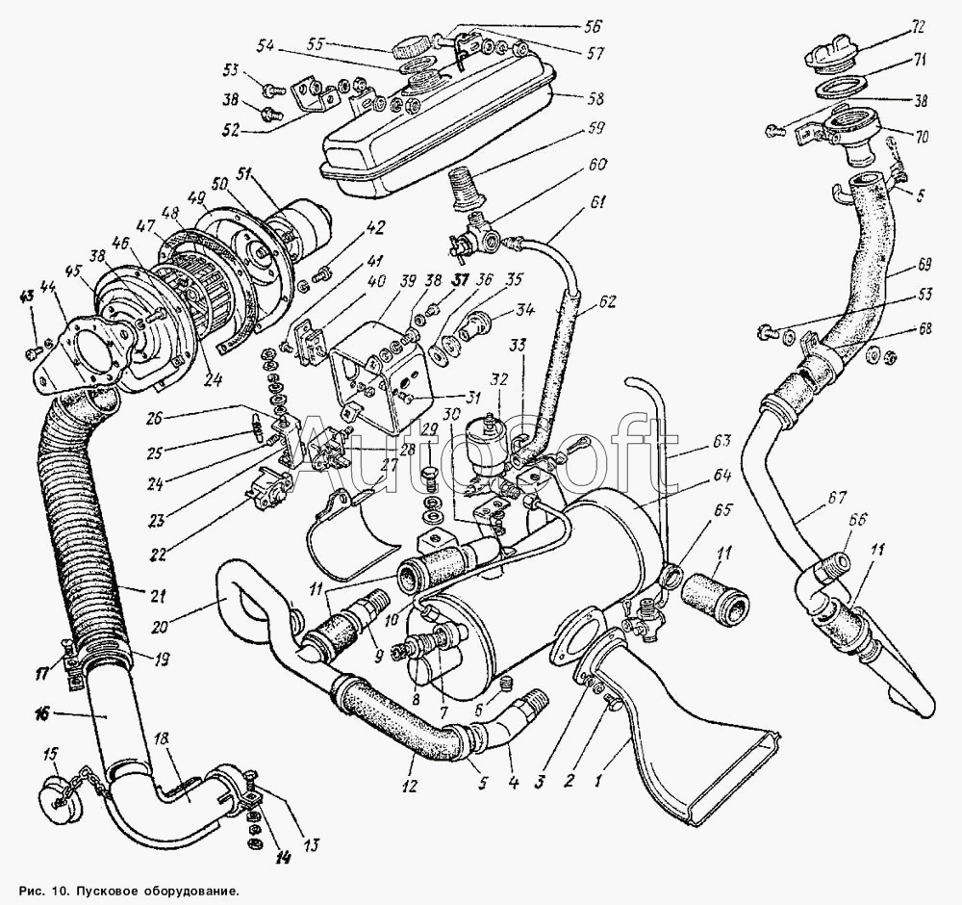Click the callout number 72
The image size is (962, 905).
click(x=917, y=28)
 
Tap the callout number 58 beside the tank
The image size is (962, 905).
click(x=595, y=98)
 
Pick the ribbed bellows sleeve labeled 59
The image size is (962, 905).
click(x=465, y=189)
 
